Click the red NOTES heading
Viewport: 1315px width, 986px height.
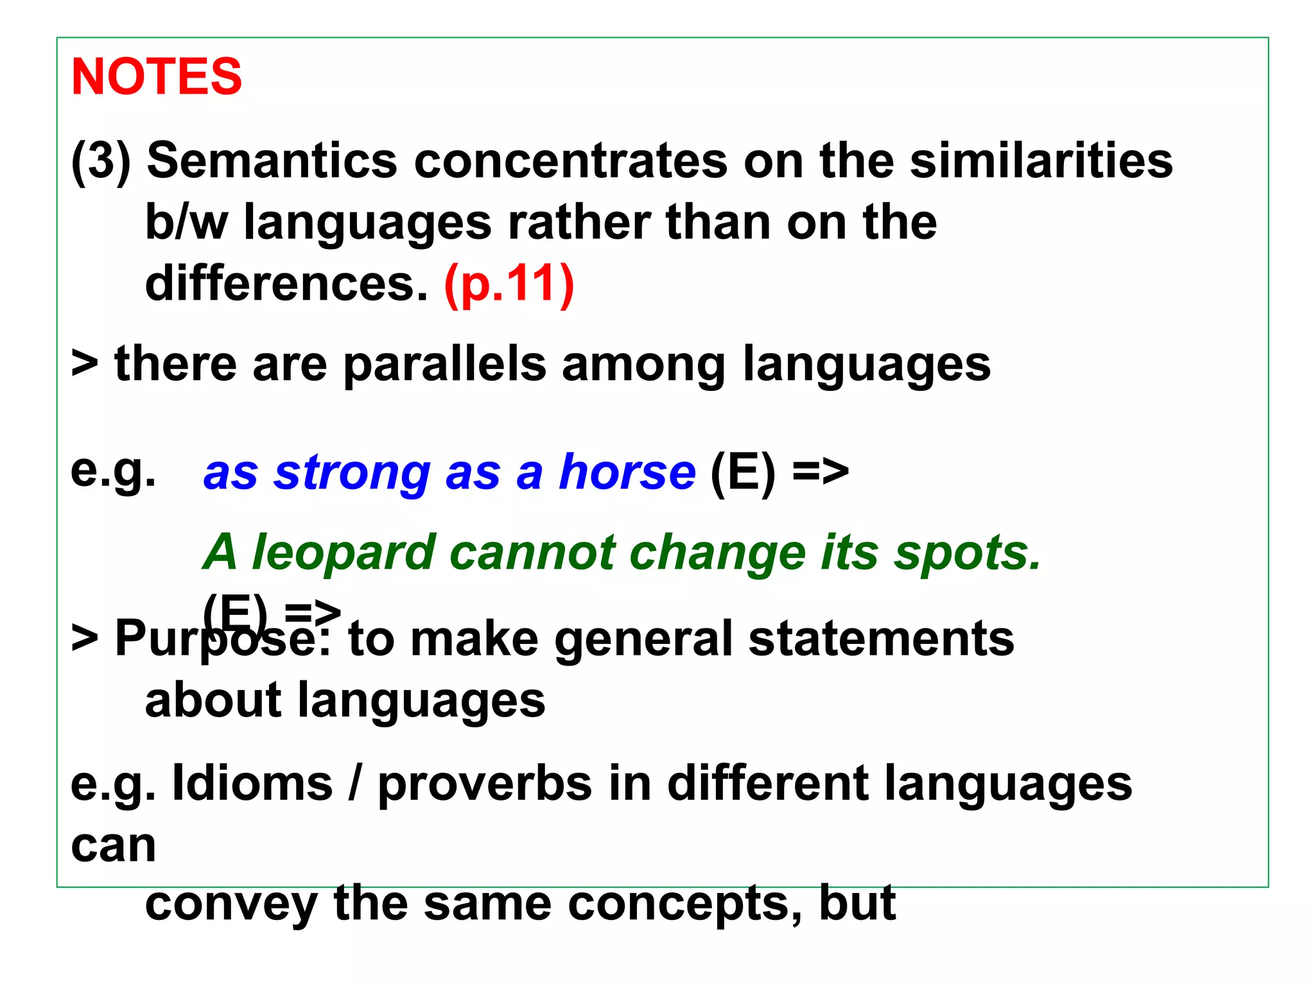(x=157, y=76)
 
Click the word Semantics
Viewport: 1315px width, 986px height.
(x=272, y=160)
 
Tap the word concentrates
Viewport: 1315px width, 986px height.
(x=571, y=160)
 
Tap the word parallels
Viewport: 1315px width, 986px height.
(x=445, y=364)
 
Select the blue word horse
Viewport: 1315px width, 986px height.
(x=627, y=472)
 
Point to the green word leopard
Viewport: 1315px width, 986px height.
(x=343, y=553)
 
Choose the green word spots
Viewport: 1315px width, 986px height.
(x=967, y=553)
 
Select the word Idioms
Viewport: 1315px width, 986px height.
(x=253, y=783)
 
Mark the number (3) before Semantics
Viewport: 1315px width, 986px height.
(x=101, y=160)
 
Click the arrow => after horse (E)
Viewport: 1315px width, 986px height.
(x=821, y=472)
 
